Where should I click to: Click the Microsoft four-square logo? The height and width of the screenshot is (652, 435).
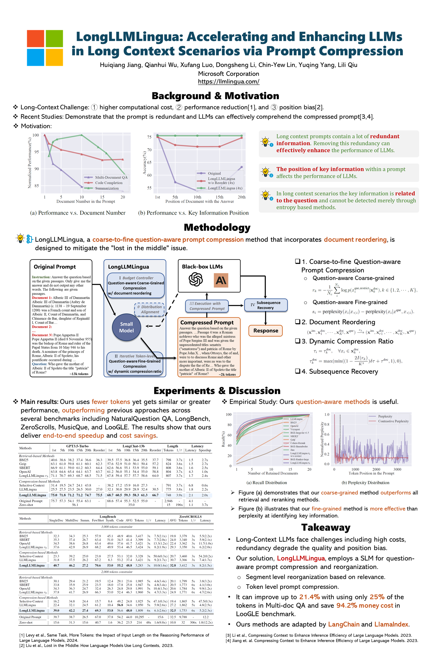(45, 48)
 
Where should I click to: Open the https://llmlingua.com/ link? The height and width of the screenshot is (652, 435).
(228, 81)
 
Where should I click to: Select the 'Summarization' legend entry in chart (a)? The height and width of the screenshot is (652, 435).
(107, 188)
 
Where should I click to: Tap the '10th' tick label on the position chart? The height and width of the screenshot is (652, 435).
(197, 197)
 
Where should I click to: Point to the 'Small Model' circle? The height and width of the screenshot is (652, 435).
(126, 327)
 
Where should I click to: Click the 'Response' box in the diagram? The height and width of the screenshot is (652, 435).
(266, 331)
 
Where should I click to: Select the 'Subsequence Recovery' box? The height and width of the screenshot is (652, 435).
(266, 305)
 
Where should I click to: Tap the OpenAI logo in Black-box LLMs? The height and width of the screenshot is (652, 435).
(196, 279)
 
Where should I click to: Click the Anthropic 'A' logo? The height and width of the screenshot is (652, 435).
(221, 280)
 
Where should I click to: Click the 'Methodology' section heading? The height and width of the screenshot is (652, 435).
(217, 227)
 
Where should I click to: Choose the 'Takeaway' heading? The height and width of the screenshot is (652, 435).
(326, 527)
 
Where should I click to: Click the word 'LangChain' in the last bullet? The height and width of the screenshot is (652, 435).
(344, 624)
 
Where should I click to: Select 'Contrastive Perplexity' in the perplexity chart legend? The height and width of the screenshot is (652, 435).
(393, 421)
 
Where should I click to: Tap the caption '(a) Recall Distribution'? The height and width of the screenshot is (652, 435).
(267, 483)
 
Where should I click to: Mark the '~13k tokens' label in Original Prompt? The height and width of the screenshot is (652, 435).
(79, 374)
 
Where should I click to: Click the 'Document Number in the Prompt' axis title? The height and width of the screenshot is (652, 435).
(86, 201)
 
